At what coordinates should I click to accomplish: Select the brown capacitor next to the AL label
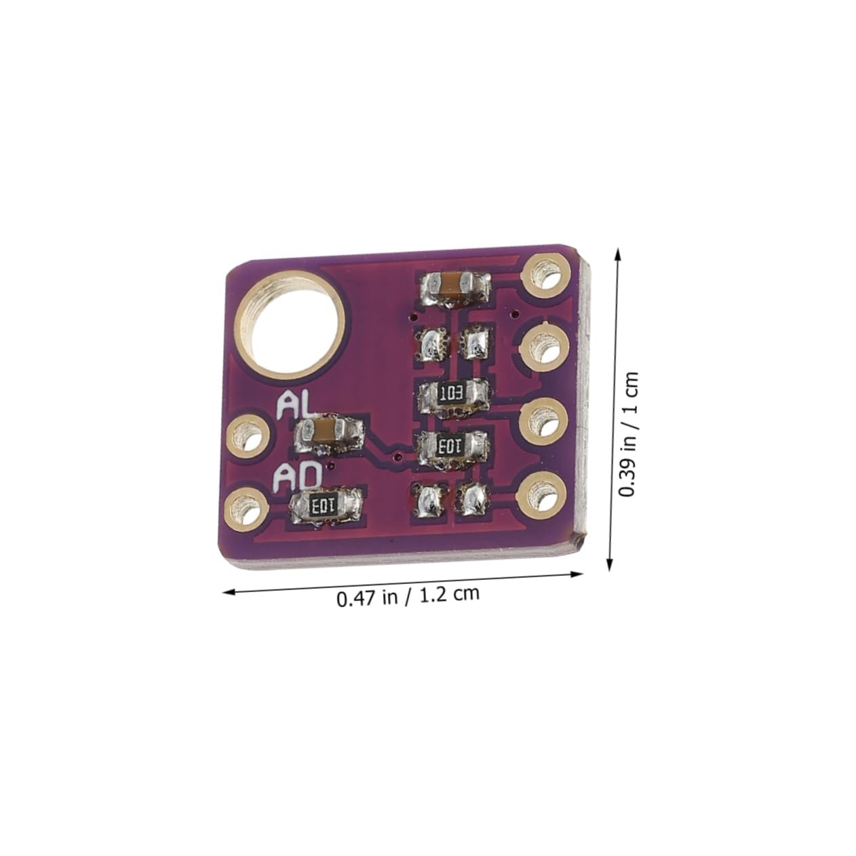click(x=329, y=432)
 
